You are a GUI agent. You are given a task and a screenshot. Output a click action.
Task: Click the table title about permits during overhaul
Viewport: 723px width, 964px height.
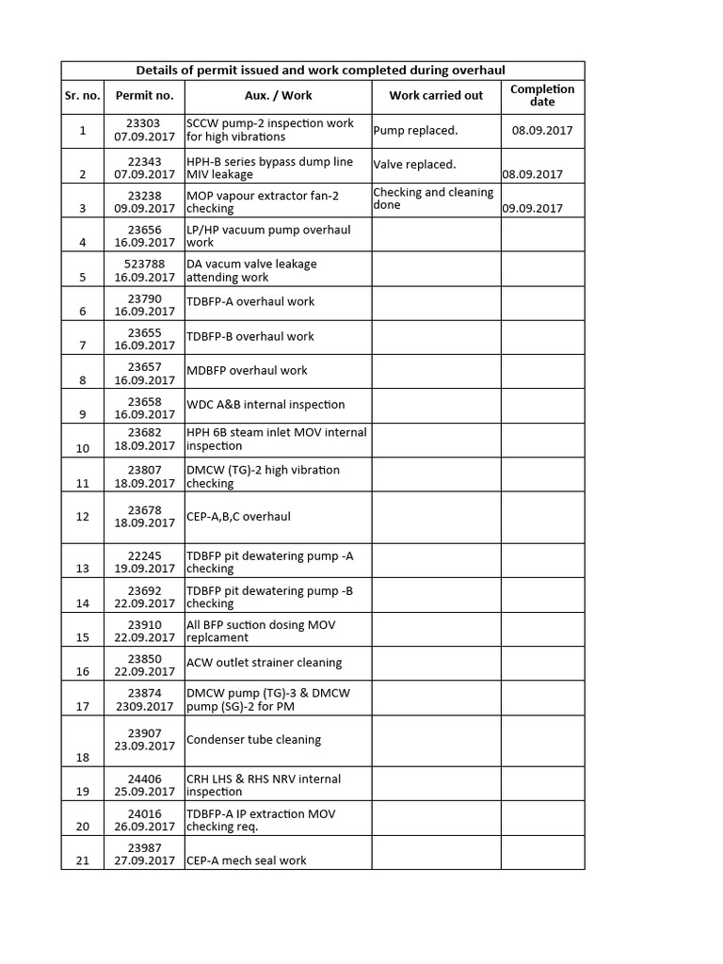[321, 71]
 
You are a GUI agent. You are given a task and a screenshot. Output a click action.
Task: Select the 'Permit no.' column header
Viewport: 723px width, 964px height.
[144, 95]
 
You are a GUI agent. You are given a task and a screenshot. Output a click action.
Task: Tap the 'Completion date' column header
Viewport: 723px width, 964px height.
[542, 95]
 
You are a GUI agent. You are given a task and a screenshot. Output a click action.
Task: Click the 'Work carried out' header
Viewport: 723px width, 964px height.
[436, 95]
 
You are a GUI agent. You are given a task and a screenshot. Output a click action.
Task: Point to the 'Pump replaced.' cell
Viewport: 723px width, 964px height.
[415, 131]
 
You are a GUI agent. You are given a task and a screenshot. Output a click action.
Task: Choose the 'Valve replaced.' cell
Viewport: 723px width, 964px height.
[414, 165]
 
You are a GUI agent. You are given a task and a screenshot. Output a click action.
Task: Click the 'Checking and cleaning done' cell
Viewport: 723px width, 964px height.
[433, 199]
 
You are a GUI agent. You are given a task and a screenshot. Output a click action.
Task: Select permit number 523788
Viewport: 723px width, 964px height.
[145, 265]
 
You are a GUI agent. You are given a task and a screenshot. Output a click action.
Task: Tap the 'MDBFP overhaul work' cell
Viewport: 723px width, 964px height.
[247, 371]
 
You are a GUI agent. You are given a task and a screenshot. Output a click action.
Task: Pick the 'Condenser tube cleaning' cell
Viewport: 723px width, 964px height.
[253, 740]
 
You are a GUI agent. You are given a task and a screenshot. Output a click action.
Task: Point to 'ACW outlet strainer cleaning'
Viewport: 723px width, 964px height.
[264, 663]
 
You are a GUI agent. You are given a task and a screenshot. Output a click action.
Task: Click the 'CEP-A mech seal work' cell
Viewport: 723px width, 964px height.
[246, 860]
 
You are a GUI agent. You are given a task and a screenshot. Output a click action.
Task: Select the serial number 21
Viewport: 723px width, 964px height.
[83, 860]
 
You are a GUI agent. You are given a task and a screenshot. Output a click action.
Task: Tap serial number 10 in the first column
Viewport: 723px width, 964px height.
[83, 448]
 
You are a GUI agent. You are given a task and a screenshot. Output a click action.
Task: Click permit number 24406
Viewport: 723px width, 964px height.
[145, 779]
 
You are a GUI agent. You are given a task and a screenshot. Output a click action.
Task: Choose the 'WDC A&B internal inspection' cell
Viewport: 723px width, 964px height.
[265, 405]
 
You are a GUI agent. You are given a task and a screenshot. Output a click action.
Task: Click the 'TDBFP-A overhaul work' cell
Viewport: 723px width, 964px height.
[249, 302]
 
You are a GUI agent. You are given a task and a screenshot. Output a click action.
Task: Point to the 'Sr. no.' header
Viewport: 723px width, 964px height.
[83, 95]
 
